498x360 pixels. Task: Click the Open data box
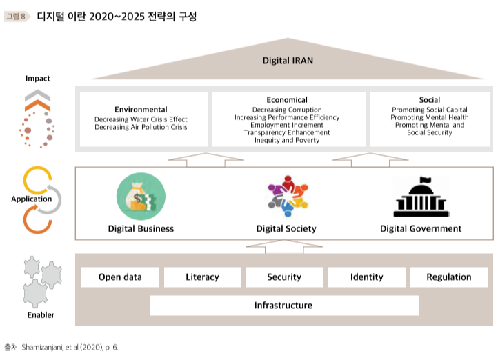coord(120,277)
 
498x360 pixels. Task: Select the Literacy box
coord(202,277)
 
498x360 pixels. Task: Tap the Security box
coord(284,277)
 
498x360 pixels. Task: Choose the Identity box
coord(366,277)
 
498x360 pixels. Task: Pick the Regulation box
coord(449,277)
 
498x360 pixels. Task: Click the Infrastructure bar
coord(283,305)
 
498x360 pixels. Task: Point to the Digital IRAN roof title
coord(288,61)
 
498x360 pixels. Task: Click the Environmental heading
coord(141,109)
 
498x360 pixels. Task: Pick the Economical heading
coord(287,100)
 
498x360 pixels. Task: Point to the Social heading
coord(430,100)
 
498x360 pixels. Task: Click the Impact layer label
coord(38,79)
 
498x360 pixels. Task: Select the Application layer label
coord(32,199)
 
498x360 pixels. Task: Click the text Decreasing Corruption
coord(287,110)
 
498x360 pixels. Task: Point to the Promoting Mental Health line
coord(430,117)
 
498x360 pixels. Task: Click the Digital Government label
coord(421,228)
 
